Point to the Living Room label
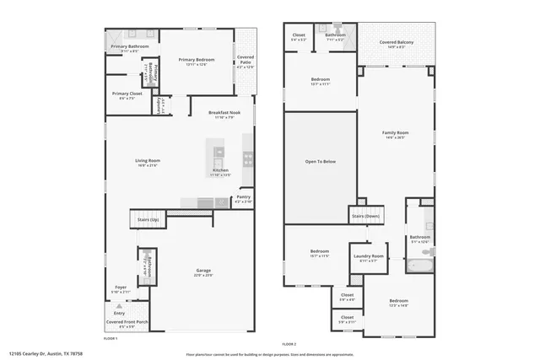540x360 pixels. point(148,160)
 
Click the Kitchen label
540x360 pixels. point(220,171)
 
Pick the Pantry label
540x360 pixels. point(243,198)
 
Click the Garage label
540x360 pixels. point(202,271)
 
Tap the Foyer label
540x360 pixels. point(121,287)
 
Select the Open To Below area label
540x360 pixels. point(321,161)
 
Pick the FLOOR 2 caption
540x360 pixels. point(289,343)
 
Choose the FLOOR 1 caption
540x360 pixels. point(110,338)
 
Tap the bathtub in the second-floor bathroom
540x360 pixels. point(419,266)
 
